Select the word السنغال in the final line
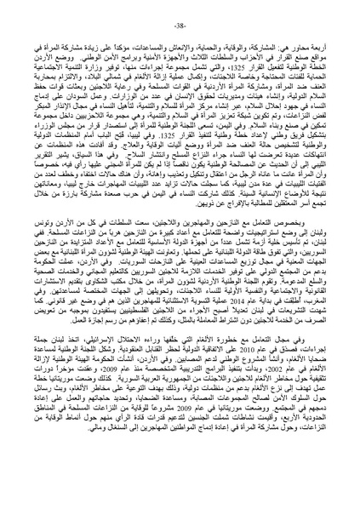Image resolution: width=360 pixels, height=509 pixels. coord(77,495)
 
